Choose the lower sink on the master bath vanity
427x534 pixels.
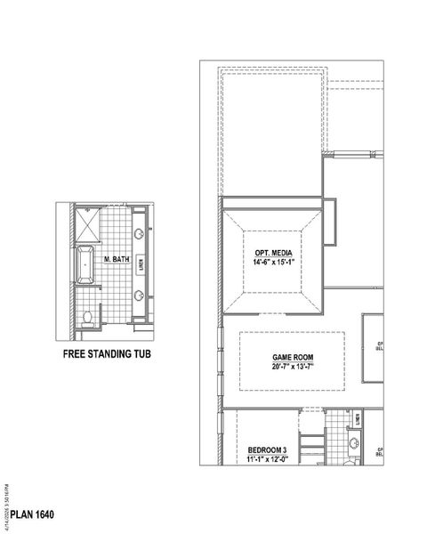140,295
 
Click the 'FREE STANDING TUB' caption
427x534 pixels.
114,353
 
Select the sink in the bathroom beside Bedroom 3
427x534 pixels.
354,442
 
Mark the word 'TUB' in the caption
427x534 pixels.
152,353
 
